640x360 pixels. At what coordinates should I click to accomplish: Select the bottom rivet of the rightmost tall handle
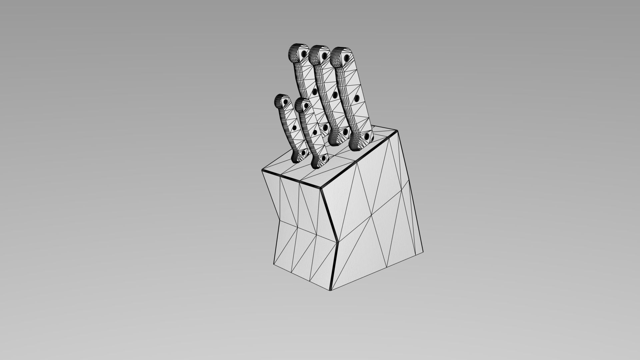coord(367,136)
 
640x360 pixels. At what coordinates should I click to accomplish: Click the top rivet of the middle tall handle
coord(324,56)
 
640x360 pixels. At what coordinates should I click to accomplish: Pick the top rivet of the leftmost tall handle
coord(304,54)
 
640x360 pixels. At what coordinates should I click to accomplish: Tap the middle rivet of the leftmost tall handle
coord(314,91)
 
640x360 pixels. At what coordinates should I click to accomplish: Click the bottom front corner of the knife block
coord(331,290)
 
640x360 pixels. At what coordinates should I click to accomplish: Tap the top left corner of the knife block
coord(262,170)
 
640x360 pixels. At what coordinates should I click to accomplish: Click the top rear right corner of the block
coord(397,131)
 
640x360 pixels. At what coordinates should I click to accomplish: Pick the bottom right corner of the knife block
coord(423,252)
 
